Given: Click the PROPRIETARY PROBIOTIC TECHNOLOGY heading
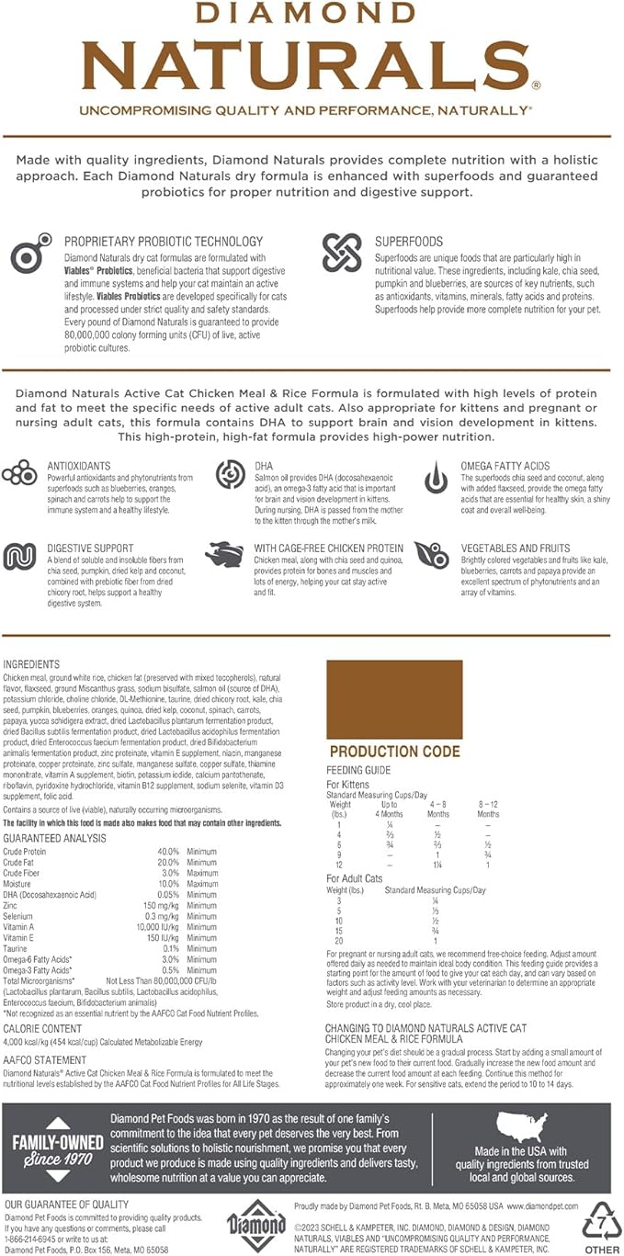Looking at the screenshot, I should (x=164, y=242).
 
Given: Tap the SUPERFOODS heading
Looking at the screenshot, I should (x=409, y=242).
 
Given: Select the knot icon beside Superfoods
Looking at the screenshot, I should (x=343, y=254).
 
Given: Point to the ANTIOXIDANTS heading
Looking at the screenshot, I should (x=81, y=467).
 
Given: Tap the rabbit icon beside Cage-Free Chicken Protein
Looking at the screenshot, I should (x=228, y=556).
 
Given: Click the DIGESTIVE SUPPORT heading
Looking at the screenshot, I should (x=90, y=549).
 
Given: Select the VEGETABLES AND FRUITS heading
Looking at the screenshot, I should (x=516, y=549).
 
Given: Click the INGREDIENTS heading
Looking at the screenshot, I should (x=32, y=664).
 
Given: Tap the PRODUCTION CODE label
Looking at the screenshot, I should (x=394, y=752).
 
